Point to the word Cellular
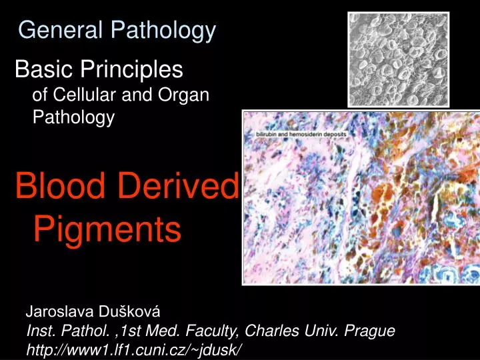tap(84, 95)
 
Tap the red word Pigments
tap(107, 229)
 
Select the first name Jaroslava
tap(56, 311)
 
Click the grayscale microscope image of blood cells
tap(398, 59)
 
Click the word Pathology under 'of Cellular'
tap(74, 117)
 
